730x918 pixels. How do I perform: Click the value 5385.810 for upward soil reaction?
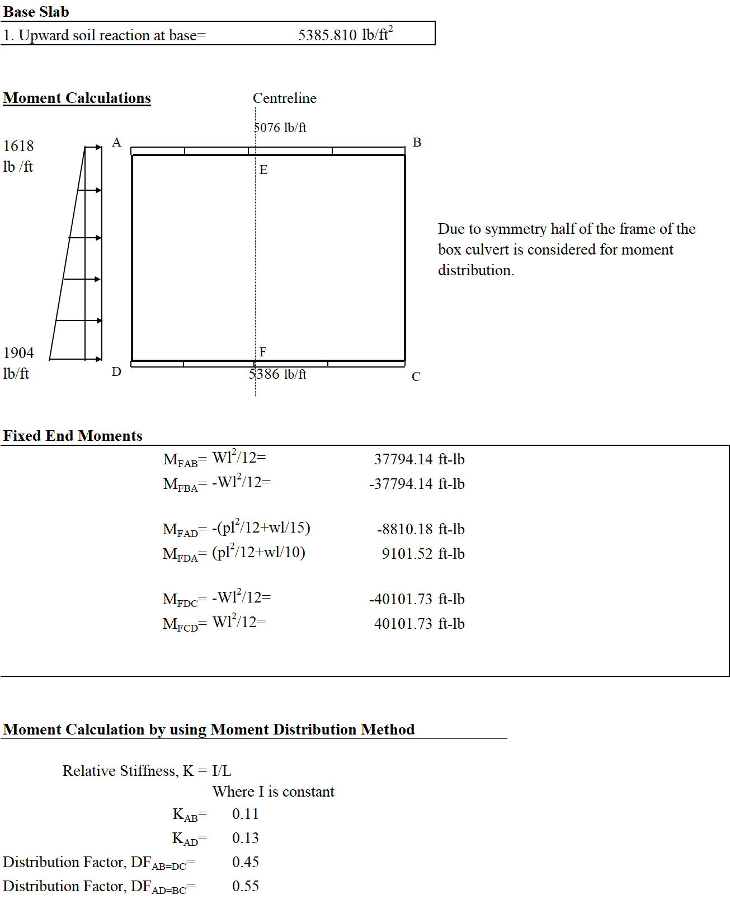327,35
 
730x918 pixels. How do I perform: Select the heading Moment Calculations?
77,98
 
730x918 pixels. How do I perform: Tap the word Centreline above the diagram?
284,98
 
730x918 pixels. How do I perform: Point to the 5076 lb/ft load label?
280,128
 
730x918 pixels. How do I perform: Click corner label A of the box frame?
116,143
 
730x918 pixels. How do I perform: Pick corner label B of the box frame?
417,143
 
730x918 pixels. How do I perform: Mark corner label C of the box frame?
416,376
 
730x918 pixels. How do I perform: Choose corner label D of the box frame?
116,372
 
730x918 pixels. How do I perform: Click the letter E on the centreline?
263,170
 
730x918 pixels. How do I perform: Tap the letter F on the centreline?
263,352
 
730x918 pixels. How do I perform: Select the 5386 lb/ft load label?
277,374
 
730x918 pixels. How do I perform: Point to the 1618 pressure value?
18,146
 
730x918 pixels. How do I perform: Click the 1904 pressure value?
18,353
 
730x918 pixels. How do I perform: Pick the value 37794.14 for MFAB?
403,459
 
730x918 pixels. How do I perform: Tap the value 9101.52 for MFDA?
407,554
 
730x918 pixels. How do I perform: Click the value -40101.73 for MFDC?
401,599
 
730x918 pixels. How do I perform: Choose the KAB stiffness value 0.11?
245,814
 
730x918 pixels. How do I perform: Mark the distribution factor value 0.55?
245,886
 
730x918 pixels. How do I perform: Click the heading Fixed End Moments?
73,436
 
